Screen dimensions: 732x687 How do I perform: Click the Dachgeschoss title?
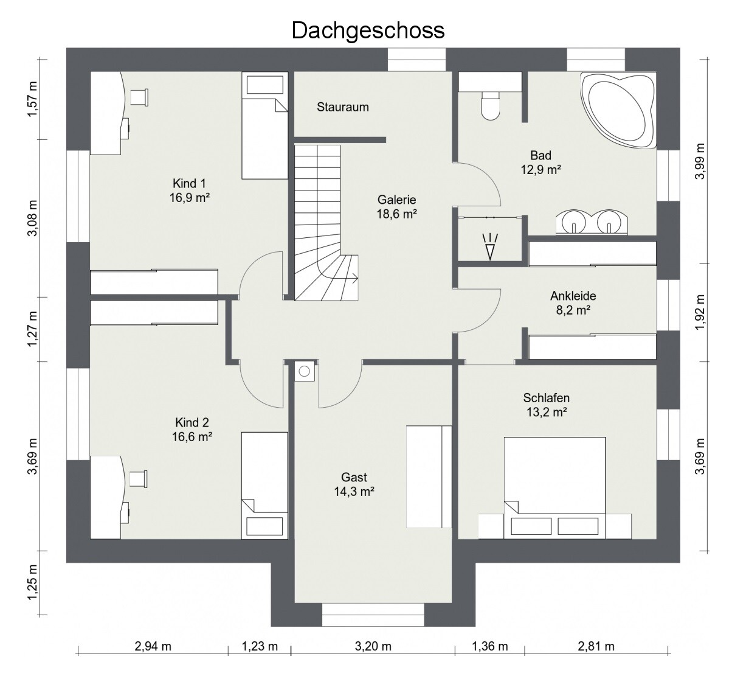tap(368, 31)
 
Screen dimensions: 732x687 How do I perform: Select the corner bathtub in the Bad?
tap(618, 110)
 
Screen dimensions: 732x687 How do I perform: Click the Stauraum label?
tap(343, 107)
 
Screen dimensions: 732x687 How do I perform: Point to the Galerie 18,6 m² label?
tap(396, 207)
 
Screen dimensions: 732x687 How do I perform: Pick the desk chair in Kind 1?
tap(139, 97)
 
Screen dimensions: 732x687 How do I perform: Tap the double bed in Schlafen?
tap(554, 487)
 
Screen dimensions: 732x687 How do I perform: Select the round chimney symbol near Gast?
tap(305, 371)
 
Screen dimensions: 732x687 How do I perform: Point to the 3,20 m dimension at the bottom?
tap(373, 646)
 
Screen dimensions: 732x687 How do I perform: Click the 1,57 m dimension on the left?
tap(32, 99)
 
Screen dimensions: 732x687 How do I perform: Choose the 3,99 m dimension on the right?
tap(700, 161)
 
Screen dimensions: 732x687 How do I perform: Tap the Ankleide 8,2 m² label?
tap(573, 303)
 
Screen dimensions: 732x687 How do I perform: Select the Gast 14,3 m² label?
tap(354, 484)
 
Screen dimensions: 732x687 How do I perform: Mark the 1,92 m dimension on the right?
tap(700, 313)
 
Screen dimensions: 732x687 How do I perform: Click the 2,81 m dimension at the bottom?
tap(596, 646)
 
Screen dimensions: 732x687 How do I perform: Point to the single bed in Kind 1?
tap(264, 125)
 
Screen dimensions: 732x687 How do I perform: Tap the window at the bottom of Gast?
tap(373, 615)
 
